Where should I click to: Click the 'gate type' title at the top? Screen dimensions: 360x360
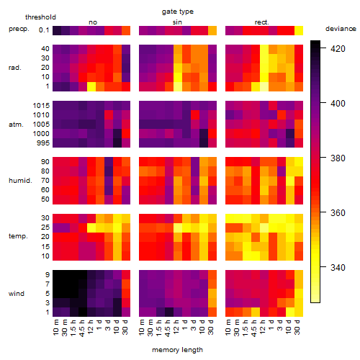178,12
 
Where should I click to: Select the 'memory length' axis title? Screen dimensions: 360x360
177,350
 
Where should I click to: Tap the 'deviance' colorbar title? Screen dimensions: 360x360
341,29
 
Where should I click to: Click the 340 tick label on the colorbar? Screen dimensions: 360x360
338,267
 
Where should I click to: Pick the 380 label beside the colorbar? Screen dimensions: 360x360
338,158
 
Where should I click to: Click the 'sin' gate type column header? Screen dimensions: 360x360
177,22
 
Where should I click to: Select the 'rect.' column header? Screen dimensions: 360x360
262,22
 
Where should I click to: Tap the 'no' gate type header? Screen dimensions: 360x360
93,22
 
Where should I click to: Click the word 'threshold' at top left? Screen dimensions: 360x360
40,17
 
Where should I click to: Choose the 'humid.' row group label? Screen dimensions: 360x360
20,181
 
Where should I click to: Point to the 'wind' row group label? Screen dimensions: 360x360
17,294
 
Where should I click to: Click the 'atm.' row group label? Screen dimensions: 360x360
16,125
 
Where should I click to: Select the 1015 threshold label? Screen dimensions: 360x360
41,106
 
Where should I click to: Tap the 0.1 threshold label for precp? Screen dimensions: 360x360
44,30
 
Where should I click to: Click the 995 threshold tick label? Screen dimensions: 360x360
43,143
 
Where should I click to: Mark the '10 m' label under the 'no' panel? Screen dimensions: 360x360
56,327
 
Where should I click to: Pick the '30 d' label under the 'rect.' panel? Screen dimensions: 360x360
297,327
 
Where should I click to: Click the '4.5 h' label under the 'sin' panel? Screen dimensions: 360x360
168,328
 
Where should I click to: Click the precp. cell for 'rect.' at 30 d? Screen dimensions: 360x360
299,31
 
